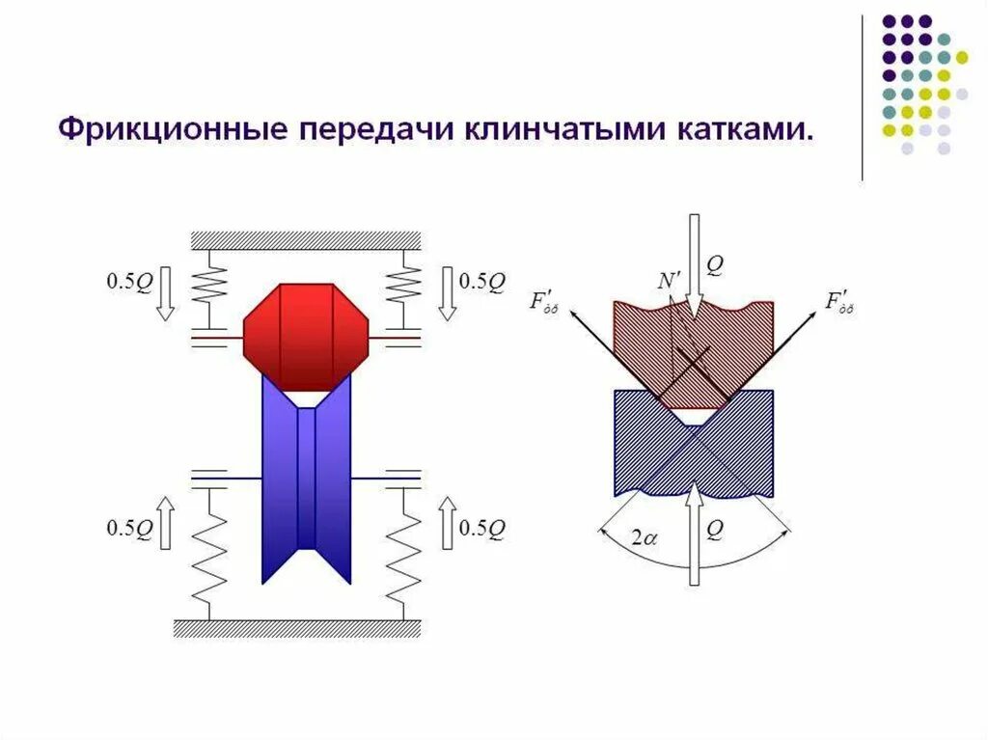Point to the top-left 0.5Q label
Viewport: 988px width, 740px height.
point(129,282)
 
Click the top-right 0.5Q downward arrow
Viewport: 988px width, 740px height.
point(447,293)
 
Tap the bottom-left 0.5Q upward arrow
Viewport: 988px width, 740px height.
point(163,522)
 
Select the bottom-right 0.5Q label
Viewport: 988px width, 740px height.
point(482,528)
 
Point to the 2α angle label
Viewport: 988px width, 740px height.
point(644,538)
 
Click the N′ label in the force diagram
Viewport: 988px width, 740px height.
point(668,281)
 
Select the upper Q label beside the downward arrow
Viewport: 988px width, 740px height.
point(714,264)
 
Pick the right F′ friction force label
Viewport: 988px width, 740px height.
point(839,302)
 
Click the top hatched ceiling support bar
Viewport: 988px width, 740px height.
point(306,240)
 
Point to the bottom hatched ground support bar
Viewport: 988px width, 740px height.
point(297,628)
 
